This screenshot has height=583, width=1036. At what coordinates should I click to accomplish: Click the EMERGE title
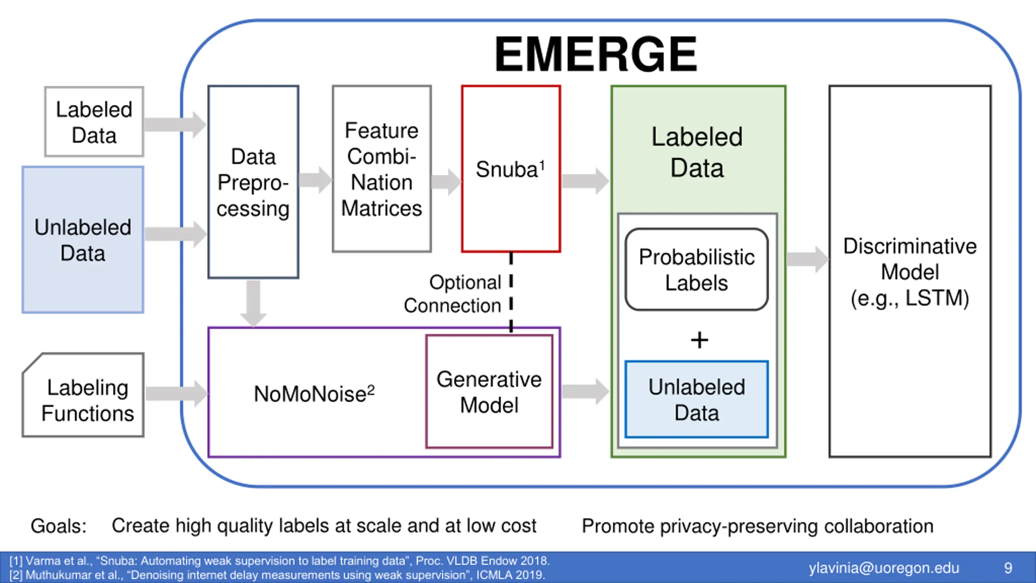click(x=596, y=54)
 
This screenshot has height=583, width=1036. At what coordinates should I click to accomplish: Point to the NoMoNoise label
click(x=314, y=394)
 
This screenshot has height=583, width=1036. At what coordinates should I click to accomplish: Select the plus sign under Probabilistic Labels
click(x=699, y=340)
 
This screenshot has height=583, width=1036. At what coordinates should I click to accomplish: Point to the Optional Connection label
click(x=452, y=294)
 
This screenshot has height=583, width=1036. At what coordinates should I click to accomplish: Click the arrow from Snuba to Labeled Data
click(x=586, y=181)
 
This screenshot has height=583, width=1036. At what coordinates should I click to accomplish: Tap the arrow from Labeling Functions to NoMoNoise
click(x=177, y=394)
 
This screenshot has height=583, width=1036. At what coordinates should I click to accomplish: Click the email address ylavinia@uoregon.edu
click(x=884, y=568)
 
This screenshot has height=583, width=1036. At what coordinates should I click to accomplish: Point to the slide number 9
click(x=1008, y=568)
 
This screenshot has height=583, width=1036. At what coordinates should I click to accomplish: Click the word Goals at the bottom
click(x=59, y=526)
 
